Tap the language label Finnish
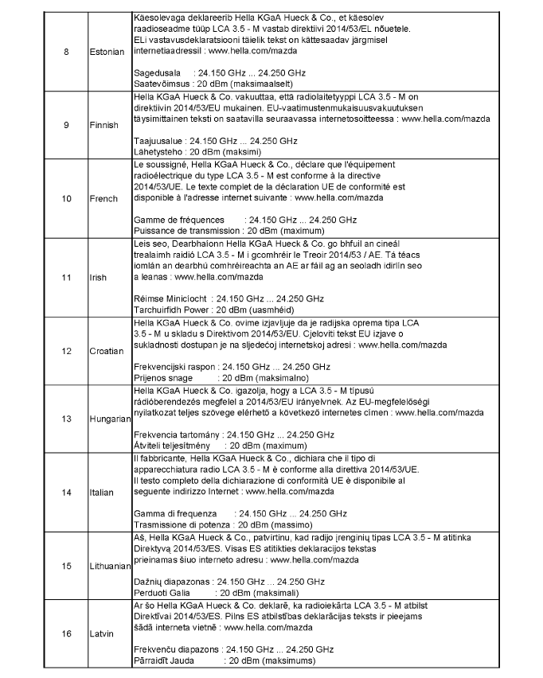pyautogui.click(x=104, y=125)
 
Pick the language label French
pyautogui.click(x=103, y=198)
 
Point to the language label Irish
pyautogui.click(x=97, y=278)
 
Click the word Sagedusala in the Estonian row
pyautogui.click(x=154, y=71)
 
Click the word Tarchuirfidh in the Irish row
pyautogui.click(x=158, y=307)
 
